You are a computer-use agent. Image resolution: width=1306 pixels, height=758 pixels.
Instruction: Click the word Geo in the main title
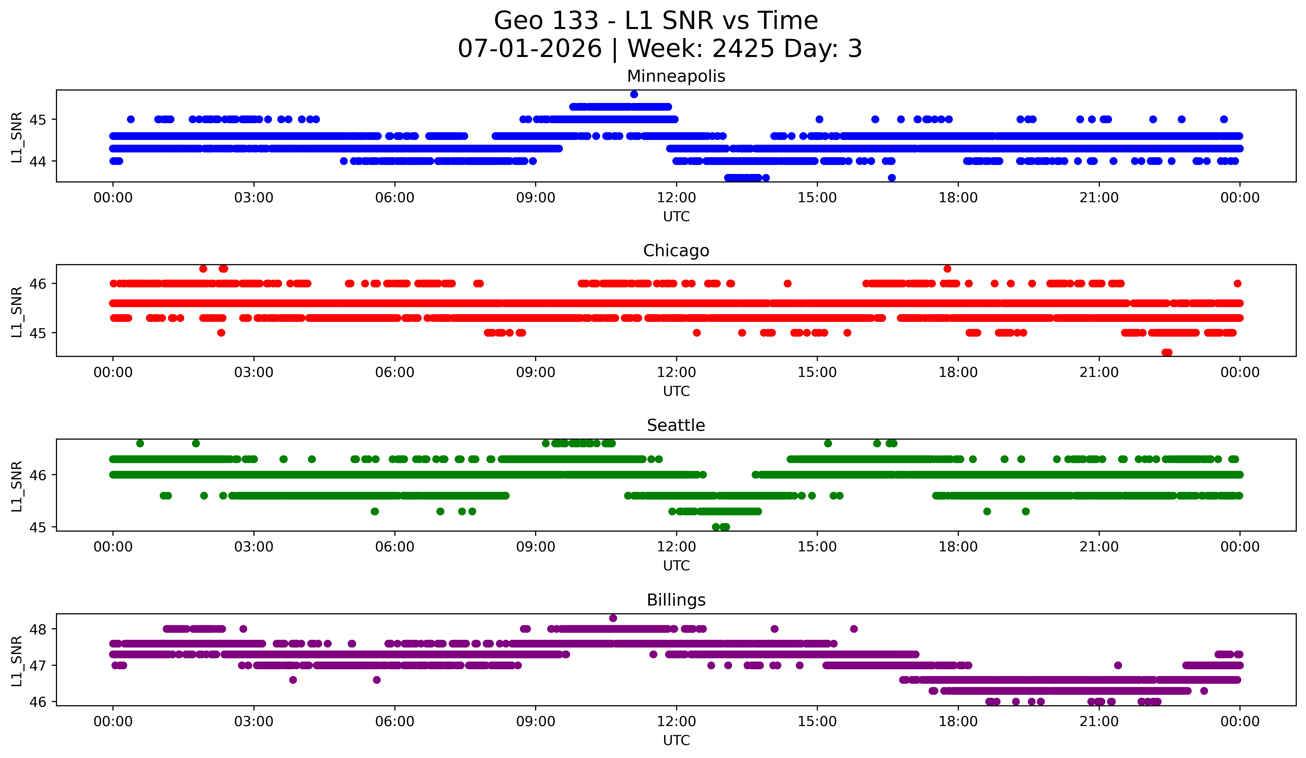click(x=520, y=21)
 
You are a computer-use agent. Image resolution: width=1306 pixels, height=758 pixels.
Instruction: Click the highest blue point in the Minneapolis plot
click(x=634, y=94)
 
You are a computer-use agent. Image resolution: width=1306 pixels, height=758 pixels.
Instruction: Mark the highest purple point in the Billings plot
click(x=613, y=618)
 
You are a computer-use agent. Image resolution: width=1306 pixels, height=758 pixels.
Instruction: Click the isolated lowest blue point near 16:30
click(x=891, y=178)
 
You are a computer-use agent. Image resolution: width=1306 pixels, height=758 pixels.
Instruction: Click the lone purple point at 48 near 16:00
click(x=854, y=629)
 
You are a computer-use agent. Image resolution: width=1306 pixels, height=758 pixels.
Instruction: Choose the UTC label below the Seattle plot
click(x=676, y=566)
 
